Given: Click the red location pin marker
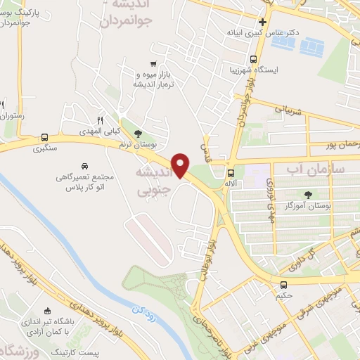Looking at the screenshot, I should [x=181, y=165].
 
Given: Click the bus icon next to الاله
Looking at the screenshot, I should [x=231, y=172].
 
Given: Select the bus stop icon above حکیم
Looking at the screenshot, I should [x=283, y=285].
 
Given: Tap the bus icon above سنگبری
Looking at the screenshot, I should [x=45, y=137].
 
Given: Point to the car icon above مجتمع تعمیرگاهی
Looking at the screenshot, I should [x=85, y=166].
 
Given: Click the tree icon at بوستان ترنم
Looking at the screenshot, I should [x=137, y=133].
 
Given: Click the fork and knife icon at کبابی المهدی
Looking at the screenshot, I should [x=99, y=120].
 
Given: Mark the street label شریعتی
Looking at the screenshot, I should [x=288, y=110].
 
